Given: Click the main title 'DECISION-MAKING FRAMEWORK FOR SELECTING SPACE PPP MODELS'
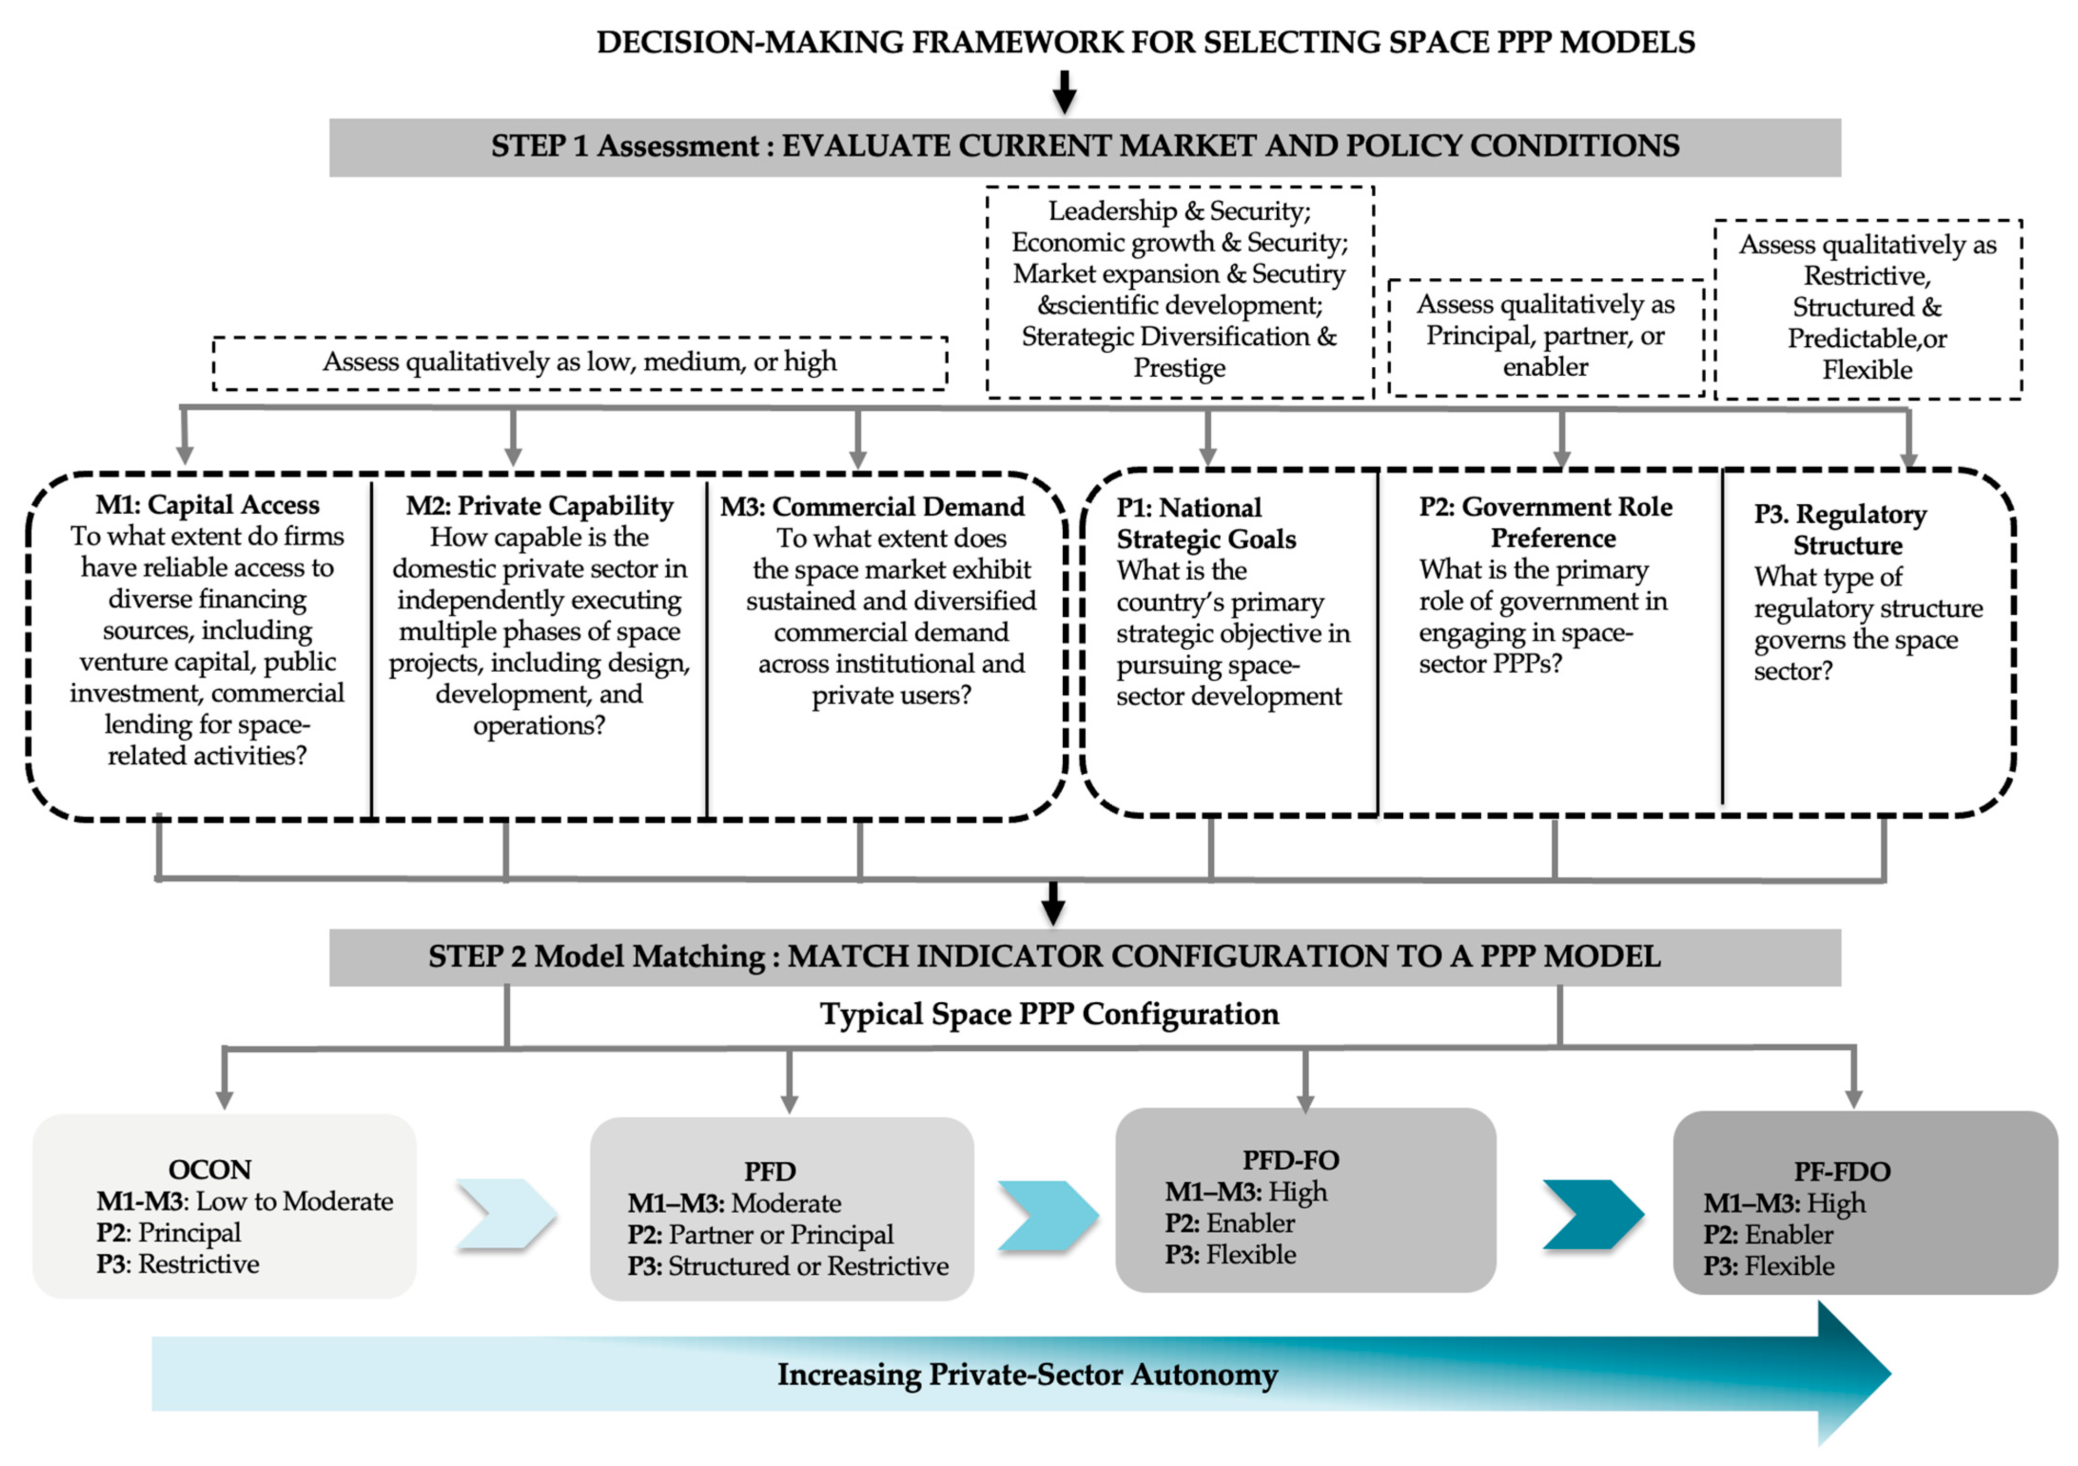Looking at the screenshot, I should click(1145, 42).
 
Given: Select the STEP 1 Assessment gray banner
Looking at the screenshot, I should click(1084, 147).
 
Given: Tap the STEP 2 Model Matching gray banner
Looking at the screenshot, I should click(1084, 957).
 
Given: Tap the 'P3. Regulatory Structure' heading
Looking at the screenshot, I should click(1841, 530).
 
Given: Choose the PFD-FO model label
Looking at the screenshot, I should click(1291, 1160).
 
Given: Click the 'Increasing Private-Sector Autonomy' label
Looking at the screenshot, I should click(1027, 1375).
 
